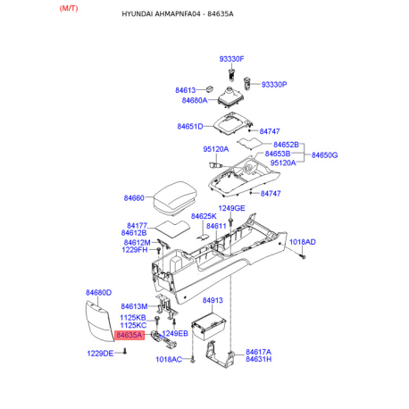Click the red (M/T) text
click(x=69, y=8)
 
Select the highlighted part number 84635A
click(x=129, y=335)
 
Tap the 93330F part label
click(x=231, y=59)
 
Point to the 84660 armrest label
click(x=134, y=198)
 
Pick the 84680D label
click(x=98, y=293)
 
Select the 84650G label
click(x=324, y=155)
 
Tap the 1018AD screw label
click(x=303, y=242)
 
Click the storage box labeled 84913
click(x=209, y=327)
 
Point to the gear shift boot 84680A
click(x=231, y=98)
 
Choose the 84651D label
click(x=190, y=127)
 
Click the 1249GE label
click(x=231, y=208)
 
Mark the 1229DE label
click(x=100, y=354)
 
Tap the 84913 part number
click(x=213, y=300)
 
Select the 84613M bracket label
click(x=134, y=306)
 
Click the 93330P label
click(x=274, y=85)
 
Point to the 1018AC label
click(x=169, y=360)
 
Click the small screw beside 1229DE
click(x=125, y=352)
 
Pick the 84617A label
click(x=258, y=352)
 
